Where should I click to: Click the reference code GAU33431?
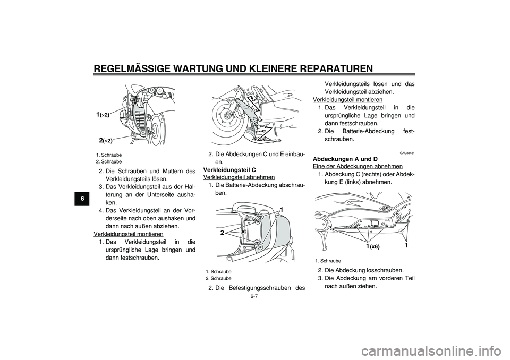(x=407, y=152)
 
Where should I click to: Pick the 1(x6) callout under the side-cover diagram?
(x=372, y=247)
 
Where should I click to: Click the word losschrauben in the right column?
(x=387, y=270)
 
